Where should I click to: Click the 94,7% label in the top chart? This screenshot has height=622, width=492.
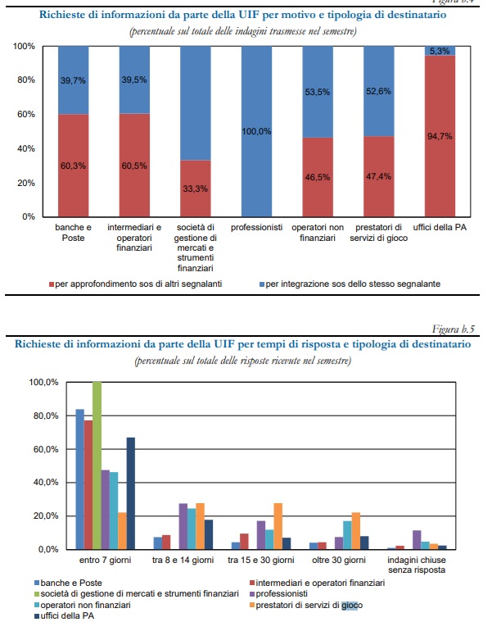[440, 137]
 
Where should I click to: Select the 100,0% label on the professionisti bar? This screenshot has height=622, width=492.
[256, 131]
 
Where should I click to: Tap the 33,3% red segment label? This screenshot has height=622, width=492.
[196, 188]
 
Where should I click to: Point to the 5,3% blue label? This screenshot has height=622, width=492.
[440, 51]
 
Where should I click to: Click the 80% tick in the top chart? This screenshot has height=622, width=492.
[26, 80]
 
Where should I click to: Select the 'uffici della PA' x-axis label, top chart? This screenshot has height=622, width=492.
[440, 227]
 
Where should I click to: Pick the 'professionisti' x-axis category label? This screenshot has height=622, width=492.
[257, 227]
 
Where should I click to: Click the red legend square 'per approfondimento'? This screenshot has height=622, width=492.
[51, 284]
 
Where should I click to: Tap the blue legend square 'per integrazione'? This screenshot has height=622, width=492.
[262, 284]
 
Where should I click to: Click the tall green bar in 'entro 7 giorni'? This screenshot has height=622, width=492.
[97, 465]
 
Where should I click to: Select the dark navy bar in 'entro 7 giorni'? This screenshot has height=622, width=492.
[131, 493]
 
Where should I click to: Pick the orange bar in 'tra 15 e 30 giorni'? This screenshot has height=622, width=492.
[278, 526]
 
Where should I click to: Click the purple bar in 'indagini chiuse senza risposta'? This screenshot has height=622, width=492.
[417, 540]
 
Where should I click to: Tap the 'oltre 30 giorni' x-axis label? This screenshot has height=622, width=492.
[339, 560]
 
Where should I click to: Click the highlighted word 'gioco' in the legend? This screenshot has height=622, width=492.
[352, 606]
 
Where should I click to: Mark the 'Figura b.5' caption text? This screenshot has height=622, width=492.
[454, 329]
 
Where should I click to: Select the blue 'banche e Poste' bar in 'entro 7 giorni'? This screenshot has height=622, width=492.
[80, 479]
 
